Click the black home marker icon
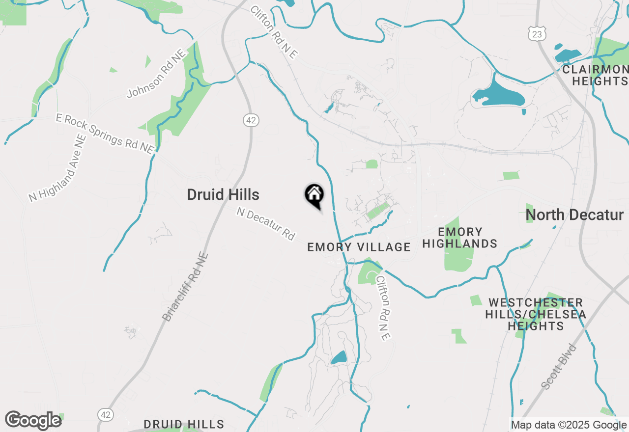[314, 195]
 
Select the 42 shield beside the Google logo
[105, 415]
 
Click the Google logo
[33, 420]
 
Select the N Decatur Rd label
[266, 224]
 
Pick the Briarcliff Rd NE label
[185, 287]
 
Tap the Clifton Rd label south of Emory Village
[383, 308]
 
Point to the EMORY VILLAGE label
[359, 247]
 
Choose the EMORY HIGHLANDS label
[460, 238]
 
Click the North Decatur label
[574, 215]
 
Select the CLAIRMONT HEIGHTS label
[596, 75]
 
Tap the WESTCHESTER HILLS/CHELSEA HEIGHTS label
[536, 314]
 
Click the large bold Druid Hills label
[223, 195]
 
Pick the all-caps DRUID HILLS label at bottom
[184, 424]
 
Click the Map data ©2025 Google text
[569, 425]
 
